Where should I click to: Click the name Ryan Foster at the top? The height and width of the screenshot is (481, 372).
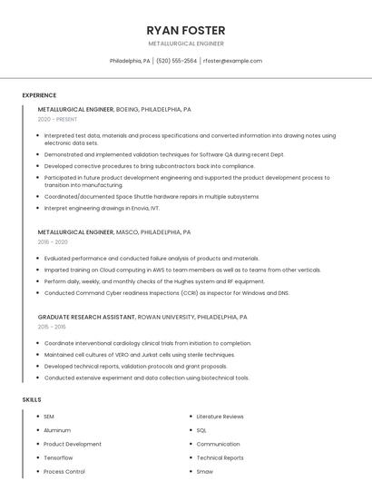(x=186, y=30)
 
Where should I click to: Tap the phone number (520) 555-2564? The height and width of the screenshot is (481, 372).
(x=176, y=61)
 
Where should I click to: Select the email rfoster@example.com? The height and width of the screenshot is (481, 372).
(x=232, y=61)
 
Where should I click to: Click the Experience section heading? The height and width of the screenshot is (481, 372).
(x=39, y=95)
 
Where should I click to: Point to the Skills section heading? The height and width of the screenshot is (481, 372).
(x=32, y=399)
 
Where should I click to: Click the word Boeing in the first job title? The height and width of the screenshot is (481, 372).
(x=128, y=109)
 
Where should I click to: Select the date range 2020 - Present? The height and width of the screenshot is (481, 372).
(x=58, y=120)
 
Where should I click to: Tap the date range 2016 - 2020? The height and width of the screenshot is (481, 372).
(x=53, y=242)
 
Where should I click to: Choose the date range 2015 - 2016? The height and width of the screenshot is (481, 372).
(x=52, y=327)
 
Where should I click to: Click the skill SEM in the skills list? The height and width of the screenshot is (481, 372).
(x=49, y=417)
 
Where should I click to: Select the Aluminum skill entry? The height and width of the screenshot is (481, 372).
(x=57, y=430)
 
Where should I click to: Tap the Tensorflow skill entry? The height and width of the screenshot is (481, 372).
(x=58, y=458)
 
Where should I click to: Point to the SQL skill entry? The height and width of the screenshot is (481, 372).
(x=201, y=430)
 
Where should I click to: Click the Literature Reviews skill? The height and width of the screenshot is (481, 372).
(x=220, y=417)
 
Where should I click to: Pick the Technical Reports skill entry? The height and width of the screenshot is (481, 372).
(x=220, y=458)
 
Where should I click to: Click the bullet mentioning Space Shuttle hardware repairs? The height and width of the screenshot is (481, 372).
(x=152, y=196)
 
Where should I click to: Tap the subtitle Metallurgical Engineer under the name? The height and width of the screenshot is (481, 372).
(x=186, y=44)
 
